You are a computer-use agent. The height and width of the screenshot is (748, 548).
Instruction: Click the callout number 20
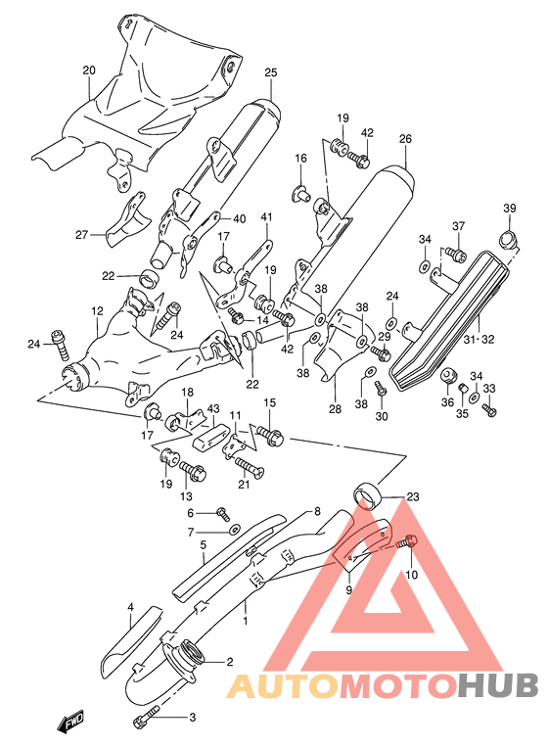tap(89, 70)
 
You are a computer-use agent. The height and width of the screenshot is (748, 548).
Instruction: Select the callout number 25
tap(271, 71)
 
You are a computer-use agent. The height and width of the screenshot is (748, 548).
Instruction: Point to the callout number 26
tap(405, 139)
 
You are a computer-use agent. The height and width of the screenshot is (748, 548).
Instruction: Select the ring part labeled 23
tap(368, 496)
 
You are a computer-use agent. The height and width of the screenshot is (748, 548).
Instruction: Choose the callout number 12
tap(97, 311)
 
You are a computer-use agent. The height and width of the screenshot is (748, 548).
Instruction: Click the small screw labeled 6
tap(222, 512)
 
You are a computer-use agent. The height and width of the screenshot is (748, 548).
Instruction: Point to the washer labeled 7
tap(233, 530)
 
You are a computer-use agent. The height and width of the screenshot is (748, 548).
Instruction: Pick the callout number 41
tap(265, 216)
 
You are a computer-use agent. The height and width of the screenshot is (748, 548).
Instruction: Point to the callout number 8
tap(317, 512)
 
